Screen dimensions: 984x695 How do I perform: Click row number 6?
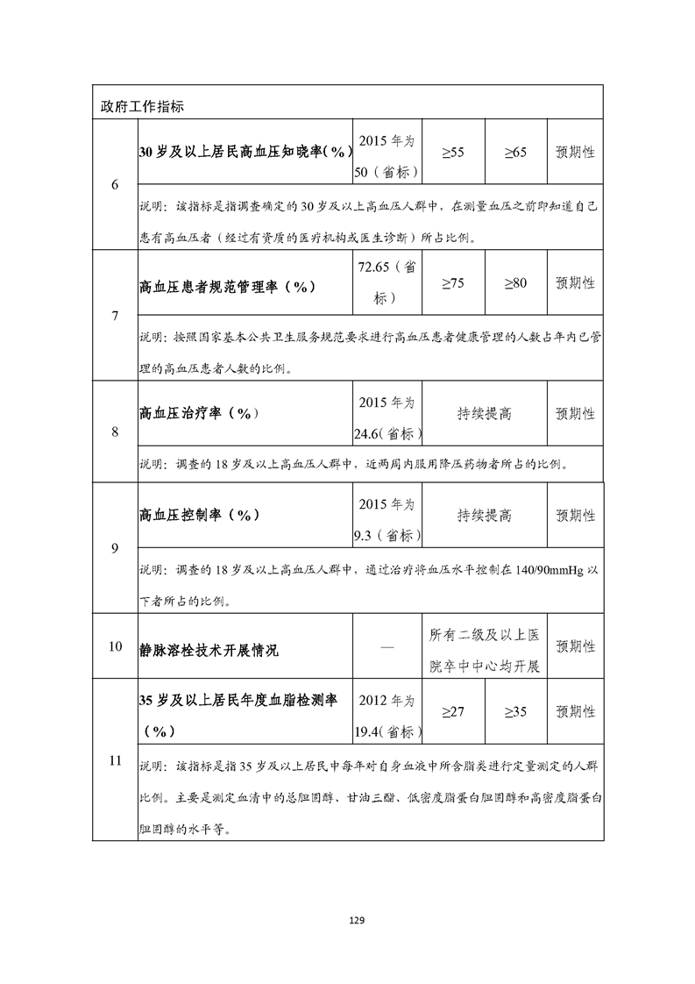pyautogui.click(x=115, y=184)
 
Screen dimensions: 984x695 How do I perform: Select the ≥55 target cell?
pyautogui.click(x=452, y=153)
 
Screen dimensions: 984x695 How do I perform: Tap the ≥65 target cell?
pyautogui.click(x=514, y=153)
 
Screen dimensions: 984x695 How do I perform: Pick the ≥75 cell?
pyautogui.click(x=452, y=283)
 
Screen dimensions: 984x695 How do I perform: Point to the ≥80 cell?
pyautogui.click(x=514, y=283)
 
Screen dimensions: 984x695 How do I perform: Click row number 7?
pyautogui.click(x=115, y=316)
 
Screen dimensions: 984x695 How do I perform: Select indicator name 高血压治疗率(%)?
pyautogui.click(x=200, y=412)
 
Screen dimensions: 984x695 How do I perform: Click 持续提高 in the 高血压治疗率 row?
pyautogui.click(x=484, y=413)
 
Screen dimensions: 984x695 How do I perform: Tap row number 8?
pyautogui.click(x=115, y=431)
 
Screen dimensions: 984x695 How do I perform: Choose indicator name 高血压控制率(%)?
pyautogui.click(x=200, y=514)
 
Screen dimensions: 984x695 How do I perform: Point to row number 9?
pyautogui.click(x=115, y=548)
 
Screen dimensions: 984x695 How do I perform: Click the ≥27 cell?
pyautogui.click(x=452, y=711)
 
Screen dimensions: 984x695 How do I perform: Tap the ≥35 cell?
pyautogui.click(x=514, y=711)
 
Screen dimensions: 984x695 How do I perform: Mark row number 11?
pyautogui.click(x=115, y=759)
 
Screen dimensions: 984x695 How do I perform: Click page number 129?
pyautogui.click(x=356, y=920)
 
